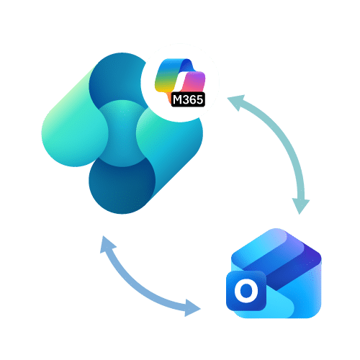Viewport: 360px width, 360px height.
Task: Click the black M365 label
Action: (x=188, y=99)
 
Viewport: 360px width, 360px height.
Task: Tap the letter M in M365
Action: (x=178, y=99)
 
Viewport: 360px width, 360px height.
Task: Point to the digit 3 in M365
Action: (x=186, y=99)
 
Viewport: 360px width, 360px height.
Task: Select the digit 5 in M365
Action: (x=199, y=99)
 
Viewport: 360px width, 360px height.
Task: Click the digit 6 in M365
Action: (x=193, y=99)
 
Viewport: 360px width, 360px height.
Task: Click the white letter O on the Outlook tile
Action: (x=246, y=291)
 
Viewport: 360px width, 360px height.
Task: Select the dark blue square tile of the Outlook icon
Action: (x=246, y=291)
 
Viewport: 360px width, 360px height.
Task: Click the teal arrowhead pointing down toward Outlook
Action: (x=300, y=206)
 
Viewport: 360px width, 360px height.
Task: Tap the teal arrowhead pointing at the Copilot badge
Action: (x=236, y=102)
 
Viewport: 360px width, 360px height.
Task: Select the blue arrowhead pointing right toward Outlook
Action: (x=192, y=307)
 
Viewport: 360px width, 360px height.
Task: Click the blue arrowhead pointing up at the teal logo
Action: (x=107, y=243)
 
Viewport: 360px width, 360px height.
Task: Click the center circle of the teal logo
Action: (x=122, y=133)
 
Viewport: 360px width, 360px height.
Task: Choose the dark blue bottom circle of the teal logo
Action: (x=122, y=185)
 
